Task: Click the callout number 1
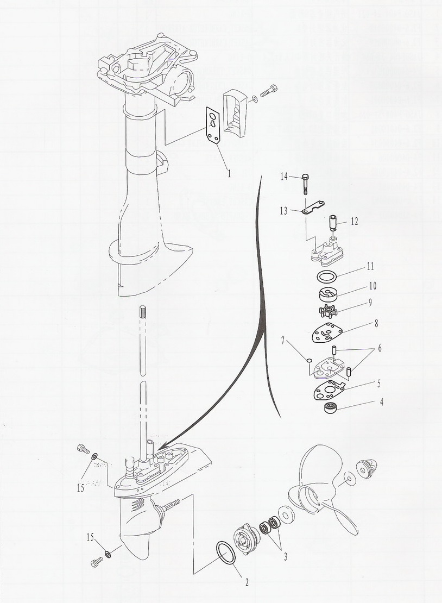pos(229,173)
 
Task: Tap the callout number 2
pos(247,582)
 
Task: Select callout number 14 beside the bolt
pos(284,177)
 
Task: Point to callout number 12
pos(354,222)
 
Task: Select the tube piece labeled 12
pos(332,223)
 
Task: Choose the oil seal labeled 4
pos(330,407)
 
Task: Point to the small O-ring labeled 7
pos(308,360)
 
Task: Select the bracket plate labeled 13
pos(313,208)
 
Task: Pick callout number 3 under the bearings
pos(285,556)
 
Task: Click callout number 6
pos(380,348)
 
